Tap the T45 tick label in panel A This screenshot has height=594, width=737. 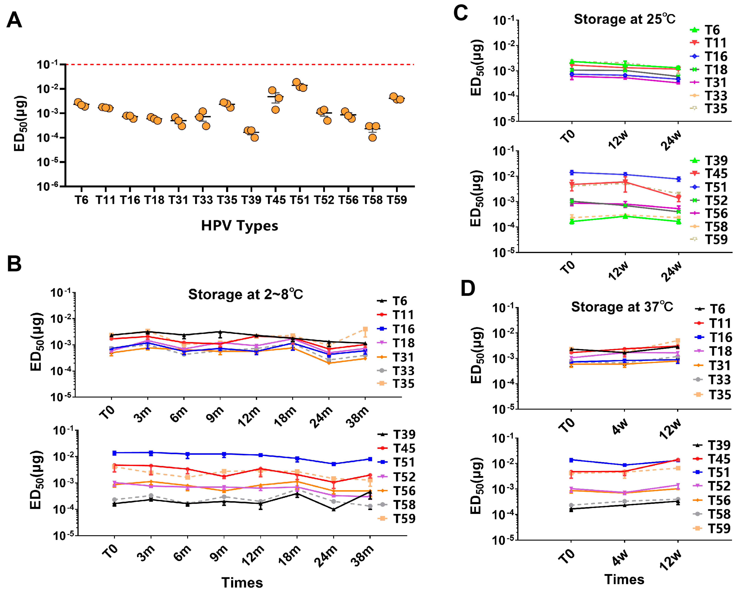(x=276, y=200)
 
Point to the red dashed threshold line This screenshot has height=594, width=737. (x=239, y=64)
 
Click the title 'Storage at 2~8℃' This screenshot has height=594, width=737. (x=245, y=294)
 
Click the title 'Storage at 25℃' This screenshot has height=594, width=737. (x=624, y=19)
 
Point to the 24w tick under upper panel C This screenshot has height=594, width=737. (x=671, y=140)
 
